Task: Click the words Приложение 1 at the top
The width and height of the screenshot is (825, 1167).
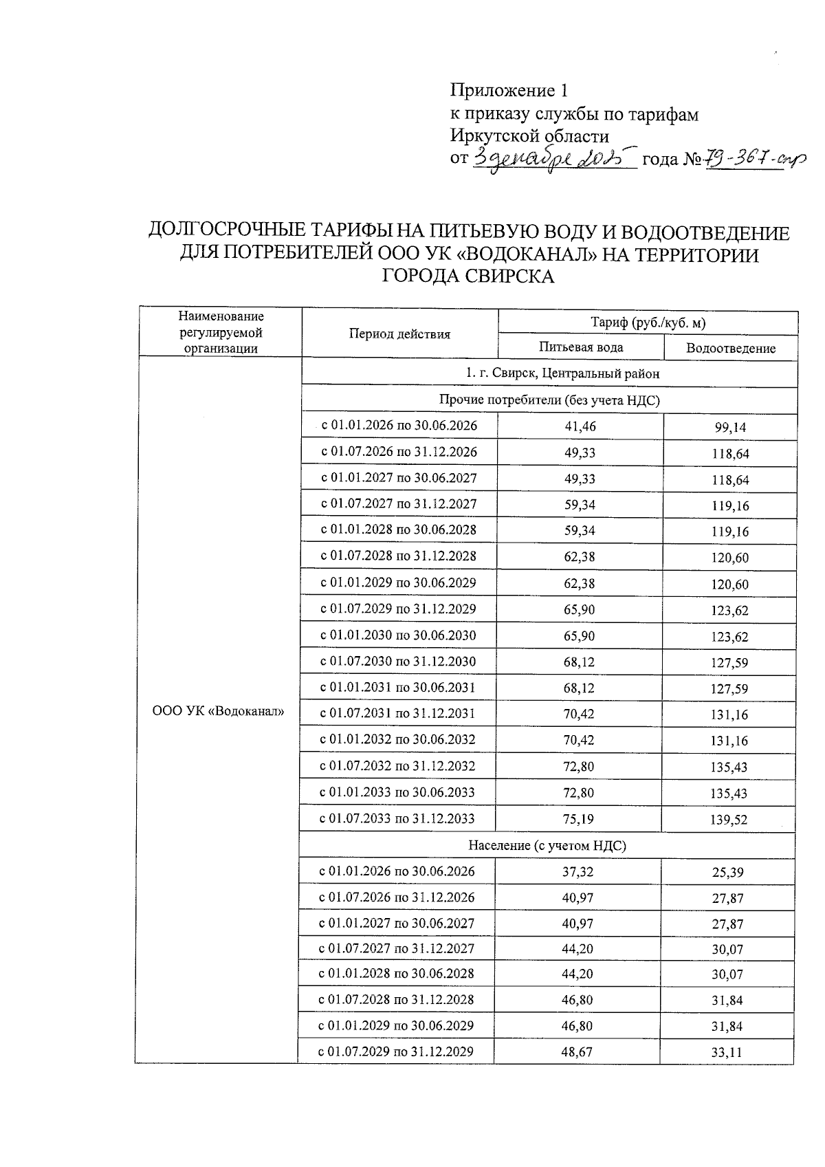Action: [x=509, y=91]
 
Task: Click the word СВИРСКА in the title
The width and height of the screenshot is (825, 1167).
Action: [x=467, y=276]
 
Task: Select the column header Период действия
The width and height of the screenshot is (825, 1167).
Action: [x=399, y=334]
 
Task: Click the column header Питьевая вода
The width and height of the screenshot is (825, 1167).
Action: [x=581, y=347]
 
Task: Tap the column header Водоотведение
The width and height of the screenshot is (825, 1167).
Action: [x=730, y=349]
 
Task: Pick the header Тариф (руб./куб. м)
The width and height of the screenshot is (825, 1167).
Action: [x=648, y=322]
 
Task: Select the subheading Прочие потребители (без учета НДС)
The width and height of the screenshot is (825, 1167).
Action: [x=549, y=400]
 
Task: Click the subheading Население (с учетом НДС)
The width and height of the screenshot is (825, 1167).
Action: [x=547, y=846]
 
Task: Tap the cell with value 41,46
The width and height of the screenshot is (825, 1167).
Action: [x=580, y=426]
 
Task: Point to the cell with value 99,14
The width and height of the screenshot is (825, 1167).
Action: [x=730, y=428]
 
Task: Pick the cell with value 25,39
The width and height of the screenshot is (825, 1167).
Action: [x=727, y=873]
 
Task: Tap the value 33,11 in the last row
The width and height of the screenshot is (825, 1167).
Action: [x=727, y=1052]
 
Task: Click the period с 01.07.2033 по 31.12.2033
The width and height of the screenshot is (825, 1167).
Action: [x=397, y=818]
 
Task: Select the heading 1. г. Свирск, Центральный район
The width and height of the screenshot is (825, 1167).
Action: [x=549, y=374]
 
